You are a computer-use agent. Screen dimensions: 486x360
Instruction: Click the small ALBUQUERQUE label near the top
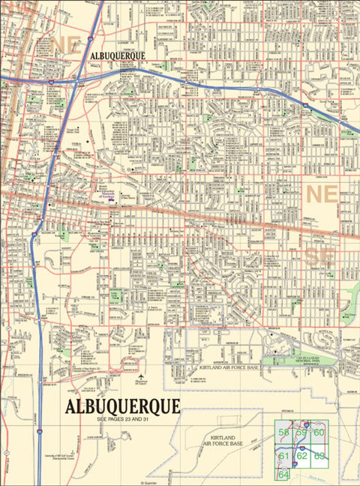click(117, 55)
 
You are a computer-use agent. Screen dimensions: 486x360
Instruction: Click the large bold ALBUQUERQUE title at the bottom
click(123, 406)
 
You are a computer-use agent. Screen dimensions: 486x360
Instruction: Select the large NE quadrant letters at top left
click(66, 43)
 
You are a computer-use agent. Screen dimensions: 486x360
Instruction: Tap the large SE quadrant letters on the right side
click(322, 256)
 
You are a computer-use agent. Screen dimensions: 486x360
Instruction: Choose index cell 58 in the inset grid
click(283, 433)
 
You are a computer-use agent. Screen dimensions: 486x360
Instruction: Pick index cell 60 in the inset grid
click(319, 433)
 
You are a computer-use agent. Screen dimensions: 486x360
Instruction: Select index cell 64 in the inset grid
click(283, 475)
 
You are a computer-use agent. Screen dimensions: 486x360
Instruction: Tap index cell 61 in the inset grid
click(283, 455)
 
